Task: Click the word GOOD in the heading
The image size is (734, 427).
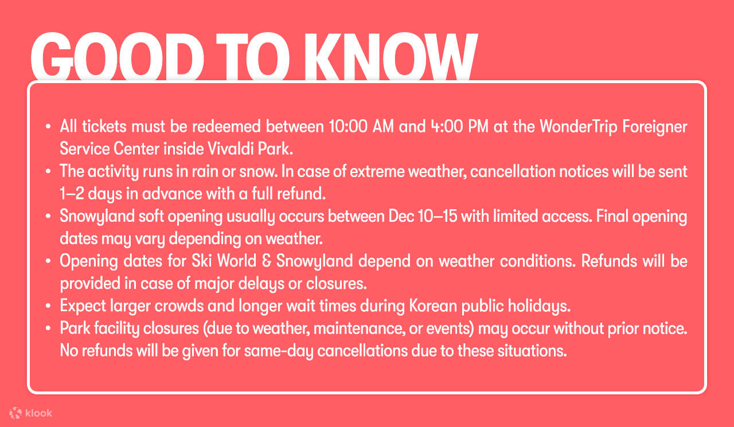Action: [118, 57]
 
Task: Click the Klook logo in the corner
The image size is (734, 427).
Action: [30, 413]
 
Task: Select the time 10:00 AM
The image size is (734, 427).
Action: [361, 127]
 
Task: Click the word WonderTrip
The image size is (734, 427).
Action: [579, 127]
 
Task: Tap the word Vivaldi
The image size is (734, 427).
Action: [231, 148]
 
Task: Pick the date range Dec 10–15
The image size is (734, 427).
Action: [423, 216]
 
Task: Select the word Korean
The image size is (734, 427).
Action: [433, 306]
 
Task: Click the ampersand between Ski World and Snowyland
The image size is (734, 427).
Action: [266, 261]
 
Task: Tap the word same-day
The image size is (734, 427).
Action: [279, 351]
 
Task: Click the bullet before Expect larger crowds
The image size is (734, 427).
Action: [48, 306]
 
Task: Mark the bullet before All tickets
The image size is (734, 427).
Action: [48, 127]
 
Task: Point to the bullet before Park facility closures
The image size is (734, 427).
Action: [48, 328]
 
